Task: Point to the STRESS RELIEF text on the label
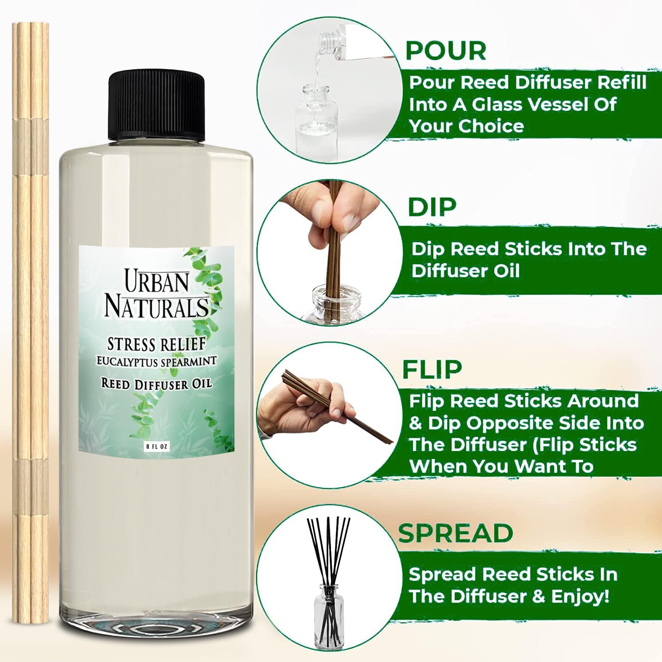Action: tap(156, 344)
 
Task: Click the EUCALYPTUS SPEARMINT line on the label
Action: tap(156, 361)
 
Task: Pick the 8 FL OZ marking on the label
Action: tap(157, 447)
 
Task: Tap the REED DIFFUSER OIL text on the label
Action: tap(156, 384)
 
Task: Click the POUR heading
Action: tap(446, 51)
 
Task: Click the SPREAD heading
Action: tap(455, 533)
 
